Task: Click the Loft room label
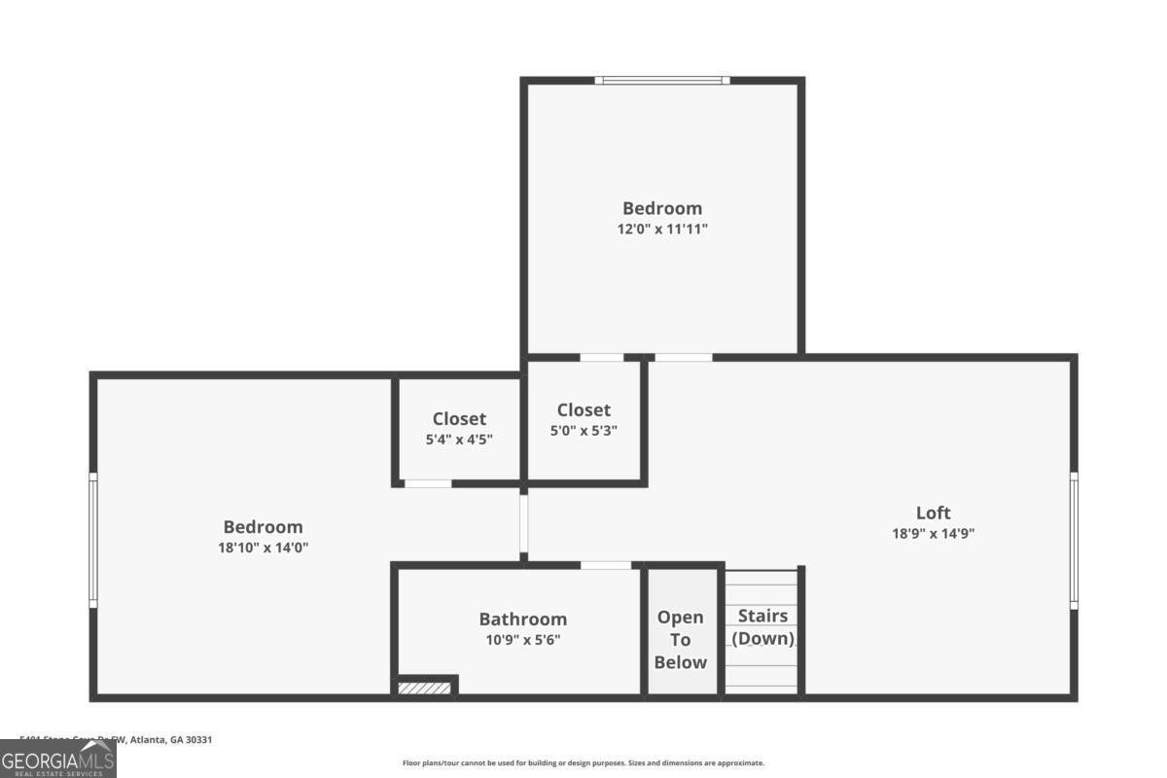(933, 513)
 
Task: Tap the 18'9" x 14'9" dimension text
(933, 533)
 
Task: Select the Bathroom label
(522, 619)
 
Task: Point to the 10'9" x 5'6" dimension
(522, 640)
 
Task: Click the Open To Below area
(680, 640)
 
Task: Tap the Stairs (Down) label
(762, 627)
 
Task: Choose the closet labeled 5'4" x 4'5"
(459, 428)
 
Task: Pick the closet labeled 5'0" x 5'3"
(583, 419)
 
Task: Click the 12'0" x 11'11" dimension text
(661, 230)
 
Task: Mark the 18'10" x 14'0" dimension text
(263, 548)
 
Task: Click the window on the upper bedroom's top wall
(662, 81)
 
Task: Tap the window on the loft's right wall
(1074, 540)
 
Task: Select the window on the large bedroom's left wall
(93, 540)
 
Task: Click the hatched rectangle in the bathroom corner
(425, 689)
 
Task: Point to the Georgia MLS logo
(58, 759)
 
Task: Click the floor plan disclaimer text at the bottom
(583, 763)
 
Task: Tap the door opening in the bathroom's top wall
(606, 565)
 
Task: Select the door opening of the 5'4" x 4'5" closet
(428, 483)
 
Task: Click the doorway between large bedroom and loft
(523, 523)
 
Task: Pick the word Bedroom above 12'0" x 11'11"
(661, 208)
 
